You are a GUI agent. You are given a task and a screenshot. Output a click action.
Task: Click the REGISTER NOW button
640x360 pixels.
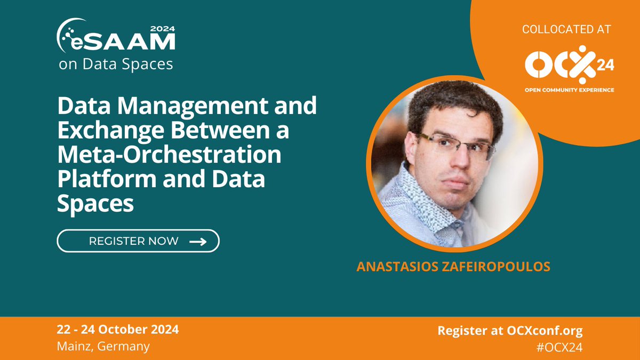click(x=138, y=241)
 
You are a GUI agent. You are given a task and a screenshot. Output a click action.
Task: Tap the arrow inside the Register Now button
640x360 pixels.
click(x=198, y=241)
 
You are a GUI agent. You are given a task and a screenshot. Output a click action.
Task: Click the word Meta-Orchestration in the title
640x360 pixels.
click(x=169, y=155)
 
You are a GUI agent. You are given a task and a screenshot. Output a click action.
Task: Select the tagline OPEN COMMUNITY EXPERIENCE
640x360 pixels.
click(x=569, y=90)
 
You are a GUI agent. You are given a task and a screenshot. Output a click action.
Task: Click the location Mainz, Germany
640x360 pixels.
click(x=103, y=346)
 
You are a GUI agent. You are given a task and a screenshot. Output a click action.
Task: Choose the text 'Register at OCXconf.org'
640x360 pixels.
click(x=510, y=330)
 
